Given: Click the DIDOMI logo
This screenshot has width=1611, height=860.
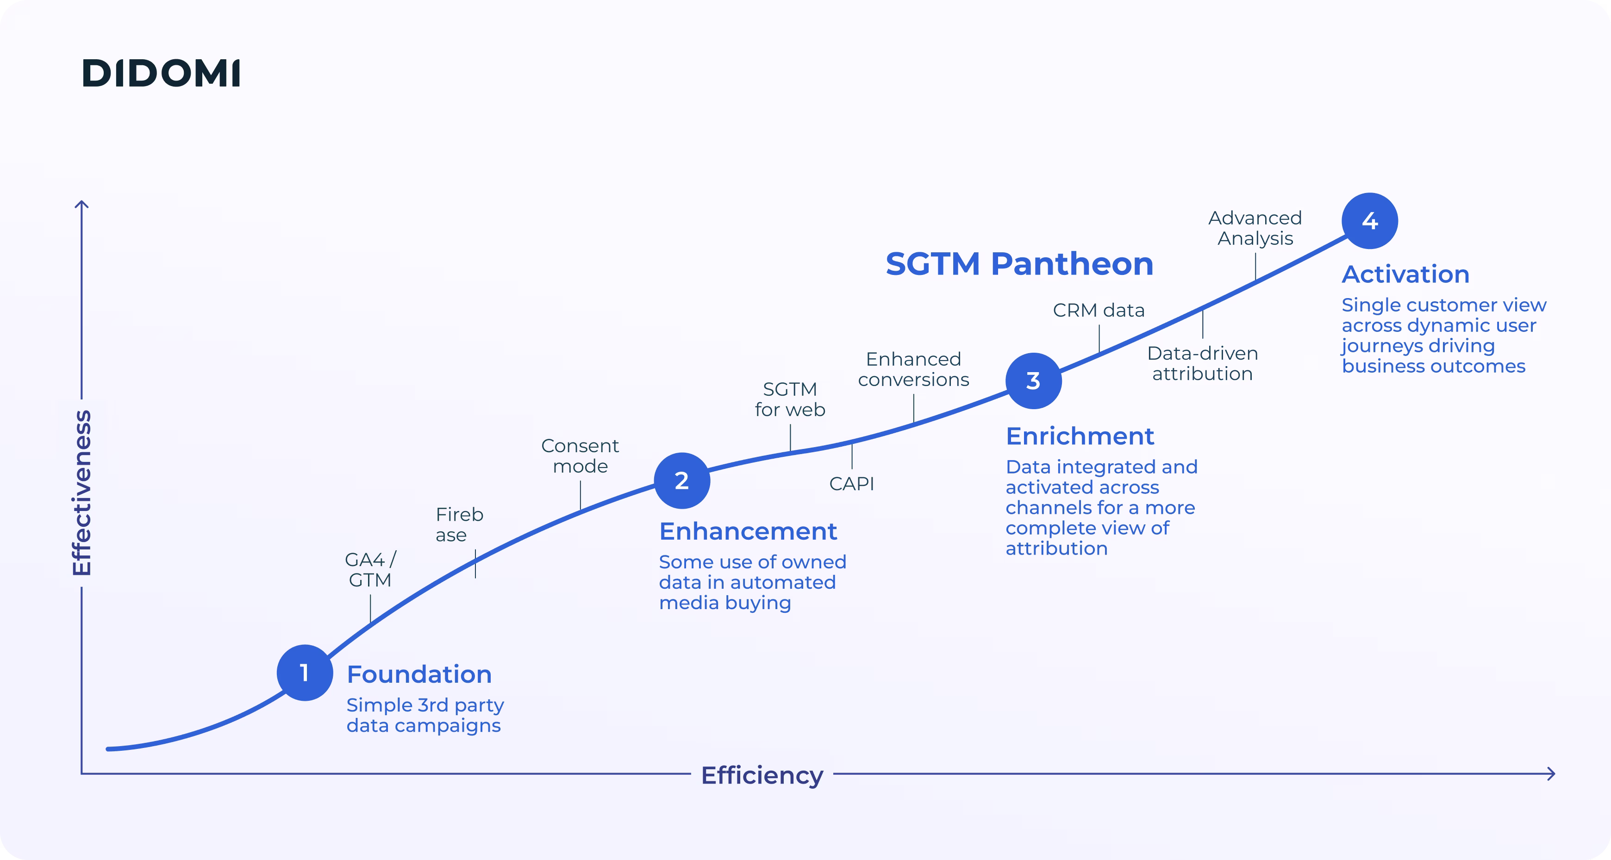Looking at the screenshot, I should pyautogui.click(x=161, y=73).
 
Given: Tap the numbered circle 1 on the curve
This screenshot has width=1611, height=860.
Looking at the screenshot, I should pyautogui.click(x=305, y=673).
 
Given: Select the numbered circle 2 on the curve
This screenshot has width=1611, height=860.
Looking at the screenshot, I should pyautogui.click(x=682, y=480).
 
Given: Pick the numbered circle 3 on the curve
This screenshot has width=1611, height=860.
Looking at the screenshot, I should pyautogui.click(x=1033, y=381).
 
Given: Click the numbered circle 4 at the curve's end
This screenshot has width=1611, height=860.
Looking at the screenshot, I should pyautogui.click(x=1370, y=221).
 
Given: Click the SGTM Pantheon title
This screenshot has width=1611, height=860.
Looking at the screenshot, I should pyautogui.click(x=1019, y=263).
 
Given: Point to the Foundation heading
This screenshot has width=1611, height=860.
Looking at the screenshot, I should pyautogui.click(x=419, y=674).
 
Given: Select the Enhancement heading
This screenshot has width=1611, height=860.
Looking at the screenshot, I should pyautogui.click(x=748, y=531).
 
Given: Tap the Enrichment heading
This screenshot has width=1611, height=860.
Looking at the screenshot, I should pyautogui.click(x=1080, y=436).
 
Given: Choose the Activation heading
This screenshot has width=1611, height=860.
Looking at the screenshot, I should pyautogui.click(x=1405, y=274).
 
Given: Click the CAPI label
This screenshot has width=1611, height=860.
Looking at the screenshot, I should pyautogui.click(x=851, y=484).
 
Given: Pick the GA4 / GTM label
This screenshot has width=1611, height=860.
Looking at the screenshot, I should pyautogui.click(x=370, y=570).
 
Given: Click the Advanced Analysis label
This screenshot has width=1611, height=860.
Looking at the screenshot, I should pyautogui.click(x=1255, y=228).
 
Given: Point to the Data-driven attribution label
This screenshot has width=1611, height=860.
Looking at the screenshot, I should pyautogui.click(x=1202, y=363).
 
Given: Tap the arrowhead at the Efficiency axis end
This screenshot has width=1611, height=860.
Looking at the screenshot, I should pyautogui.click(x=1551, y=774).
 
